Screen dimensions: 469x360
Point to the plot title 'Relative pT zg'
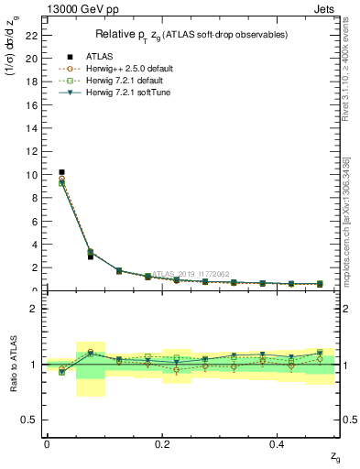[192, 34]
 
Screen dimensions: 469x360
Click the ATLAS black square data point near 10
[61, 172]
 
